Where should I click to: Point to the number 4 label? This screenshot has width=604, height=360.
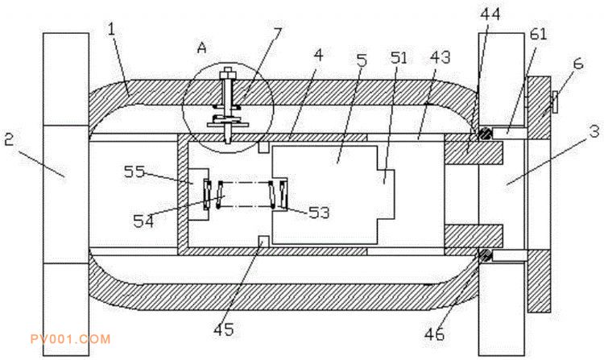click(319, 56)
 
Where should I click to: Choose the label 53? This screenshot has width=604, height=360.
click(320, 213)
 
